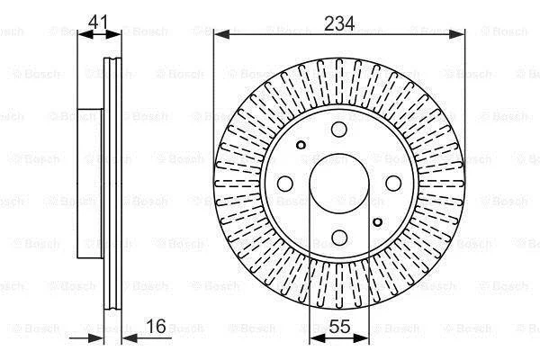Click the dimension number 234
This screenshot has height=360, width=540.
point(339,23)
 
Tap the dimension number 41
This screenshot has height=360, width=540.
point(98,22)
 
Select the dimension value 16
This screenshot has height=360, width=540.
point(156,326)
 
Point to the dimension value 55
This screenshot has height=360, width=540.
point(339,326)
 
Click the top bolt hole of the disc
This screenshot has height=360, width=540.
point(339,130)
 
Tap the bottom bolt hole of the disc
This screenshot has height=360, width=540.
point(339,238)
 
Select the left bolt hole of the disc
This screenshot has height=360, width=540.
point(285,184)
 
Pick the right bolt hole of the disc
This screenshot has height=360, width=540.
point(393,184)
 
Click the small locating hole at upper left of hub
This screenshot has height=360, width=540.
point(301,145)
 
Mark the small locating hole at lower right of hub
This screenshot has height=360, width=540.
point(377,222)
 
